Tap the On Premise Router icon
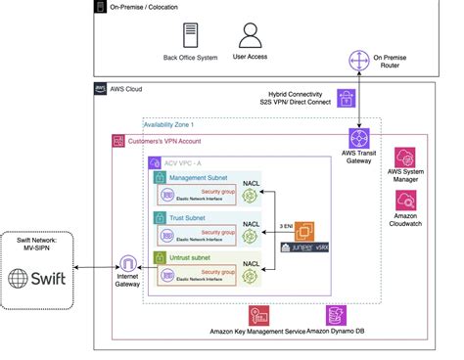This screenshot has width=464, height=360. (x=362, y=62)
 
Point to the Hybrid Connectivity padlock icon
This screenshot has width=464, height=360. (x=346, y=98)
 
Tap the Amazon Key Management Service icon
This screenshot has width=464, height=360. (x=259, y=315)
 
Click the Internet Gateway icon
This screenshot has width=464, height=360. (x=127, y=264)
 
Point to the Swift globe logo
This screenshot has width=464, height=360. (x=23, y=277)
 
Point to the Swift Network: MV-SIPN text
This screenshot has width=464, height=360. (x=37, y=245)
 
